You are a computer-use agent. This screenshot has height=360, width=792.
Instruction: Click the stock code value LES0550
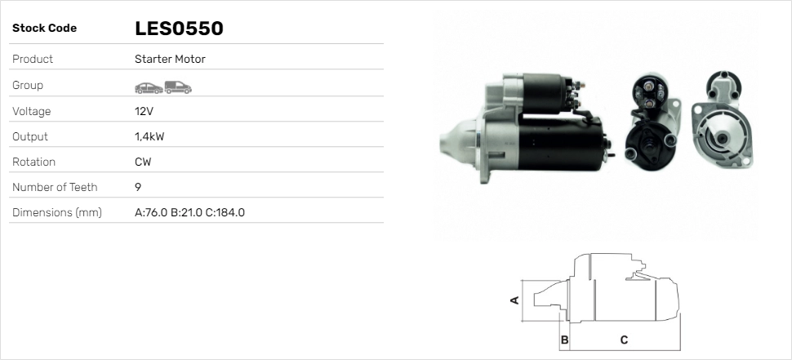tap(179, 29)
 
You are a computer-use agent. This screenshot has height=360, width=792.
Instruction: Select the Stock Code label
tap(44, 29)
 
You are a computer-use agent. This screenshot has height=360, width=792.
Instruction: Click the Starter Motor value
tap(170, 60)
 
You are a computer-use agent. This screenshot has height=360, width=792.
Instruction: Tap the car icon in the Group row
tap(148, 87)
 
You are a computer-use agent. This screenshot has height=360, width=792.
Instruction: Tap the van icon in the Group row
tap(177, 87)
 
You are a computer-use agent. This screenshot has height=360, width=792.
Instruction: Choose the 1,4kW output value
tap(149, 136)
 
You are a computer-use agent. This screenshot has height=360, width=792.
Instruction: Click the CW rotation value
tap(143, 162)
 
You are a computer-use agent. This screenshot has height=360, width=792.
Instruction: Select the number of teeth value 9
tap(138, 187)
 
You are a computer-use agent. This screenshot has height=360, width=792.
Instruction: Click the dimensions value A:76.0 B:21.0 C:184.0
tap(189, 212)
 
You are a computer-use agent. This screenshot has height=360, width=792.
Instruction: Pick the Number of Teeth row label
tap(55, 187)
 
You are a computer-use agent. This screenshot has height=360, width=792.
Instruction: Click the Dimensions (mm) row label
tap(56, 212)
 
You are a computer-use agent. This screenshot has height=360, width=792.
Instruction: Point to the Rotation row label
tap(33, 162)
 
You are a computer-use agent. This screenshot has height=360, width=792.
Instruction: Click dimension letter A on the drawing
tap(514, 300)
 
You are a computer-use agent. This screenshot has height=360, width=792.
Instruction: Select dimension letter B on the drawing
tap(564, 339)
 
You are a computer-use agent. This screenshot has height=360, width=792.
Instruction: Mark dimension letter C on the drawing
tap(624, 339)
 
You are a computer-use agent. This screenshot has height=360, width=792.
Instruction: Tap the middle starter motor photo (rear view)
tap(652, 122)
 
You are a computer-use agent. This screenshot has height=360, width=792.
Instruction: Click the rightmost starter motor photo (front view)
tap(723, 122)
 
